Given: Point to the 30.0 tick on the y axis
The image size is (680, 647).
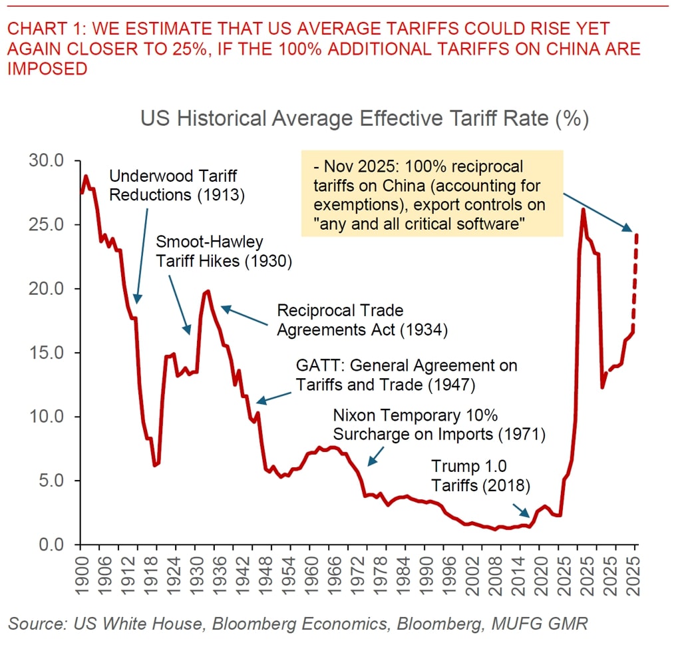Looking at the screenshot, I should click(x=45, y=161).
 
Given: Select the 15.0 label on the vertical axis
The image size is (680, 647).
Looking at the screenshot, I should click(x=45, y=353).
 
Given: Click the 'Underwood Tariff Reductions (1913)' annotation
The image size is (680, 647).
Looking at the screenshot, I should click(x=174, y=186).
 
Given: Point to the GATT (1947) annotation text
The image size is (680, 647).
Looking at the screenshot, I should click(x=407, y=375).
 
